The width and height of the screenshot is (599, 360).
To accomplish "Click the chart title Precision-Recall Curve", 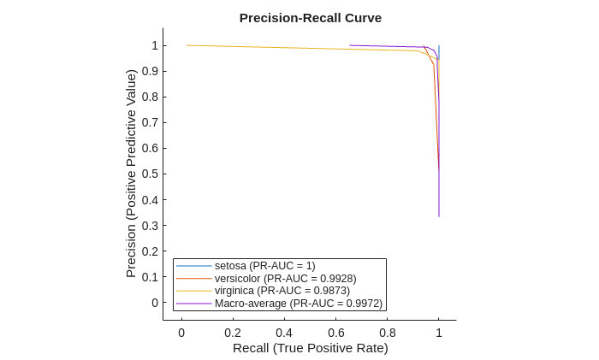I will [x=310, y=18].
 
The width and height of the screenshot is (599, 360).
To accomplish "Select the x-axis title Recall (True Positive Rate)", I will [x=310, y=348].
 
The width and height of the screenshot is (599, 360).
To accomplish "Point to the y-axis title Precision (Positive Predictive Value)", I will [x=131, y=174].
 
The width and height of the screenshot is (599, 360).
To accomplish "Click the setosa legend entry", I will [x=264, y=266].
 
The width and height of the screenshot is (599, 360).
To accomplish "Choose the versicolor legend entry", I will [x=285, y=279].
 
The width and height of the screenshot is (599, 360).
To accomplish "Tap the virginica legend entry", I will [x=282, y=291].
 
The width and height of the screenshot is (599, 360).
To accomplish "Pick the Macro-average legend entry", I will [x=298, y=304].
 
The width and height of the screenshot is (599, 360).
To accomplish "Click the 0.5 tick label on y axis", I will [x=151, y=174].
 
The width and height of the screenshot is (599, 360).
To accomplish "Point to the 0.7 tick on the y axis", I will [x=151, y=122].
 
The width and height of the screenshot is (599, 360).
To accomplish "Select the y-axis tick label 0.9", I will [x=151, y=71].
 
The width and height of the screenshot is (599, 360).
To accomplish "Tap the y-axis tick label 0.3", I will [x=151, y=226].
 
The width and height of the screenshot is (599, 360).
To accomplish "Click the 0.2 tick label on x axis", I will [x=233, y=333].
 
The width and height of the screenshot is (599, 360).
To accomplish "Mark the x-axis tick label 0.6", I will [x=336, y=333].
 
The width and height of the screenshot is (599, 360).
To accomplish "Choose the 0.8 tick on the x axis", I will [x=388, y=333].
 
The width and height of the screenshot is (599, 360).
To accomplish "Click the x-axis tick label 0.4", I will [x=284, y=333].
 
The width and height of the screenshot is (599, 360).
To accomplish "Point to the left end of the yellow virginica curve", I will [x=187, y=45].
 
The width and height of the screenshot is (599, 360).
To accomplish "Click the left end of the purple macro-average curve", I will [x=350, y=45].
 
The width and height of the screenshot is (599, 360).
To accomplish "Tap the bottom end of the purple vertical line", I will [x=439, y=216].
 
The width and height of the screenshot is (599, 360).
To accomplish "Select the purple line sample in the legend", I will [x=194, y=304].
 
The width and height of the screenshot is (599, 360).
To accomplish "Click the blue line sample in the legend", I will [x=194, y=266].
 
